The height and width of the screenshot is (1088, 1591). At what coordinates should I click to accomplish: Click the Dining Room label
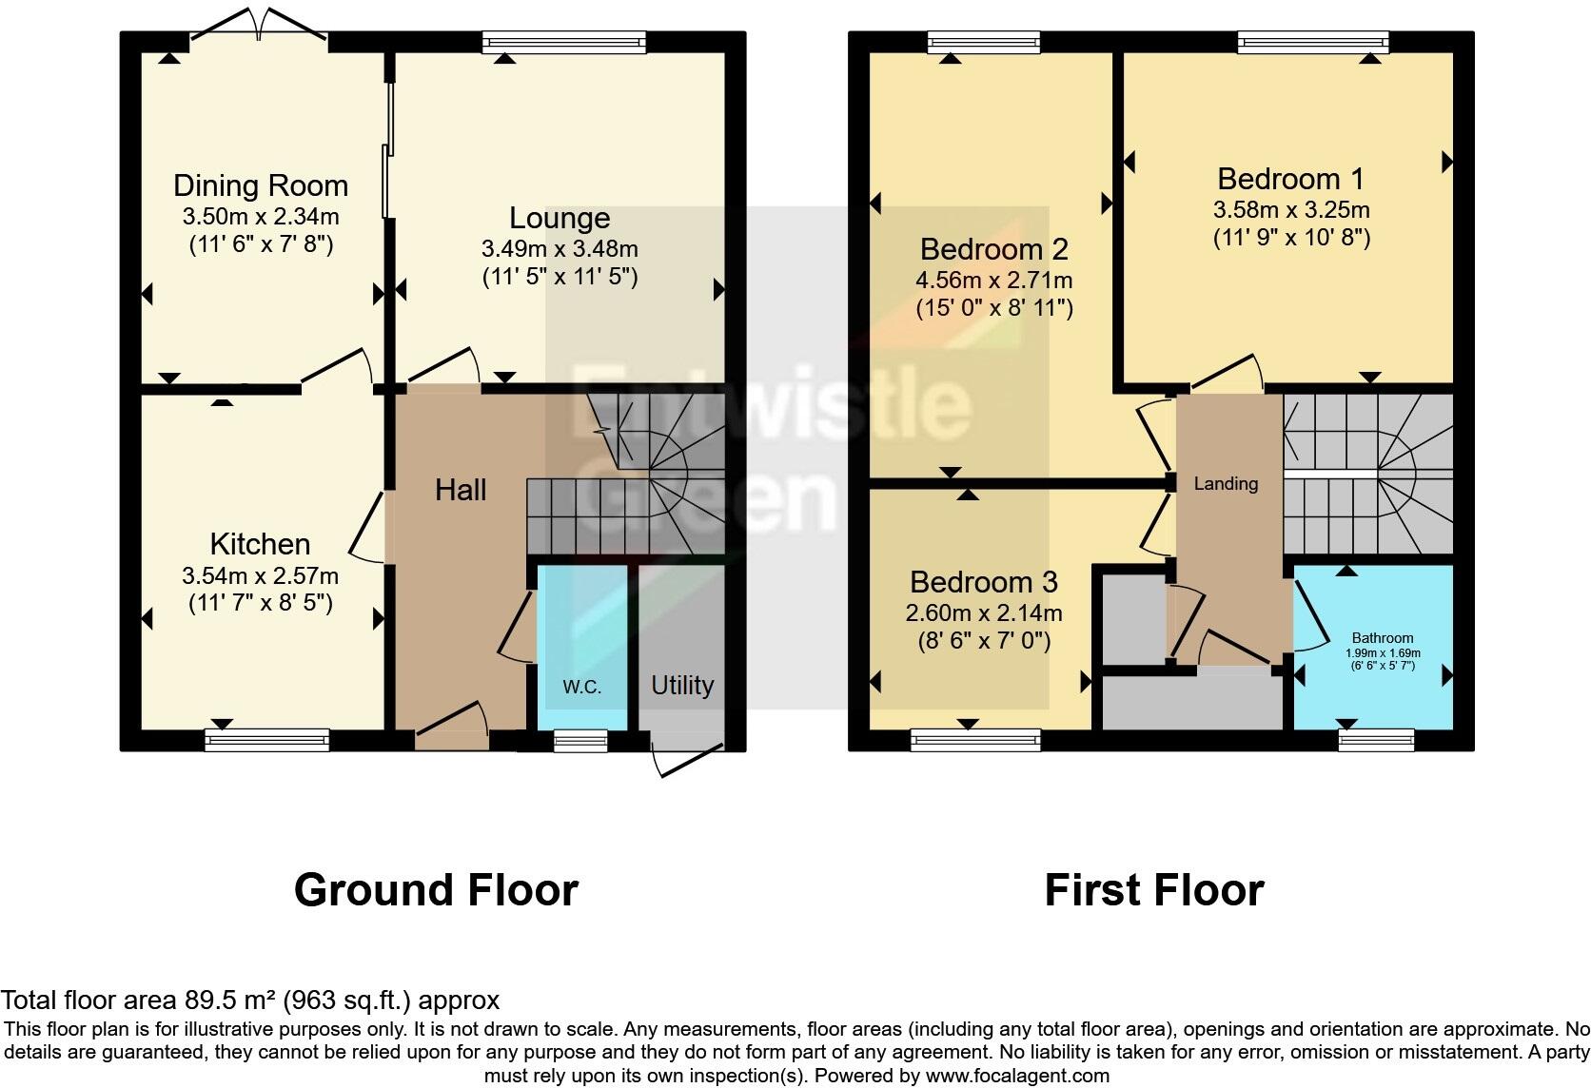click(261, 185)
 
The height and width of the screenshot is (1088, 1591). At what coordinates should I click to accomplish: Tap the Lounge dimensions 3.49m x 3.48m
click(560, 249)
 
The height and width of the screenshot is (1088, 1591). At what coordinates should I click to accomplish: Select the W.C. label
click(581, 687)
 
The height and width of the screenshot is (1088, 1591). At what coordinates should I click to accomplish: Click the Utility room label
click(682, 685)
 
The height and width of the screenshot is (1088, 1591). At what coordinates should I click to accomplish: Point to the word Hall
click(461, 490)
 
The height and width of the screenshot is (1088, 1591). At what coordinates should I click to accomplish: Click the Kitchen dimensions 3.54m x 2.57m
click(260, 575)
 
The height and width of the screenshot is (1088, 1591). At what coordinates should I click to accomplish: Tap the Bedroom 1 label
click(1290, 179)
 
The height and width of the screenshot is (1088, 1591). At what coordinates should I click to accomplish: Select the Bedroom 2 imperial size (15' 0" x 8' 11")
click(994, 308)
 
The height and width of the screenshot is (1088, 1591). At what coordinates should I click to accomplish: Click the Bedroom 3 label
click(983, 582)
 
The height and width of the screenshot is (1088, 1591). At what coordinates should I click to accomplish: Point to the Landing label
click(1226, 483)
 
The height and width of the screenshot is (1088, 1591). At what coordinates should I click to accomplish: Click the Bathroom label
click(1383, 638)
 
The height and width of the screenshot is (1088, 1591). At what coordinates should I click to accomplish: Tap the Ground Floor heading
click(436, 890)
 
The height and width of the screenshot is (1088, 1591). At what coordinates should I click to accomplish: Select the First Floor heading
click(1153, 890)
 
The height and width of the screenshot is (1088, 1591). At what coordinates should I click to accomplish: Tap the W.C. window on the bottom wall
click(580, 741)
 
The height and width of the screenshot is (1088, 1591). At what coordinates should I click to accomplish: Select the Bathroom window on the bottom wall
click(1375, 740)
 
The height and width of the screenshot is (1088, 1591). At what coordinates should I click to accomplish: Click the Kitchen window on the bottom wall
click(267, 740)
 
